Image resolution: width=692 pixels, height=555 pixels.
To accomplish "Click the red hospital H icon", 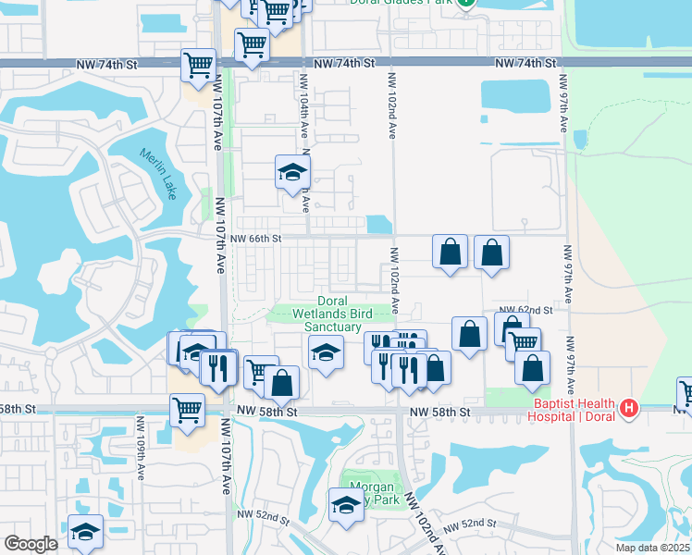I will click(629, 407).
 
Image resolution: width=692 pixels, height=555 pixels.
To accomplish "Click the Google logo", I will click(31, 544).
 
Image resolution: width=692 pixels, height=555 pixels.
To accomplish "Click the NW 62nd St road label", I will click(525, 310).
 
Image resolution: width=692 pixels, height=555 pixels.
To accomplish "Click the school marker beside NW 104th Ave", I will click(293, 172).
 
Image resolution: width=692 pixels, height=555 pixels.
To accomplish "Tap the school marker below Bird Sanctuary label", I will click(326, 352).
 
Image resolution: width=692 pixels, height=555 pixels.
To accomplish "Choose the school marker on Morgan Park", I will click(346, 504).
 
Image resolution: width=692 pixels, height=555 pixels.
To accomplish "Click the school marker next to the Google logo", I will click(86, 531).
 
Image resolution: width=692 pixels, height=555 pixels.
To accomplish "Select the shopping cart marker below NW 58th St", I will click(187, 409).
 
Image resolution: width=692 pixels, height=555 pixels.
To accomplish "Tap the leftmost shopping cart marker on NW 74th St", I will click(199, 65).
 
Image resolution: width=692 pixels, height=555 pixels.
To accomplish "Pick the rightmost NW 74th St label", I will click(525, 63).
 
